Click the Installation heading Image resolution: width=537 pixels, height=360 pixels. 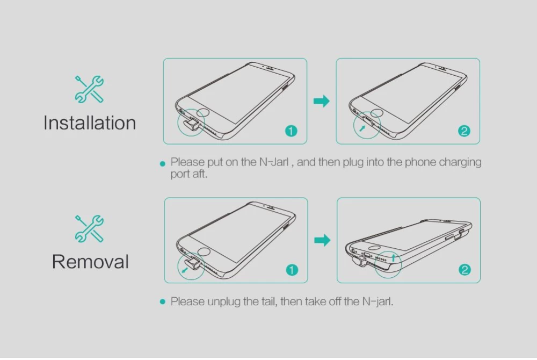point(90,123)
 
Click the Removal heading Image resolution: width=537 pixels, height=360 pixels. point(90,262)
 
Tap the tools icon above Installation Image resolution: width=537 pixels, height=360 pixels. point(89,89)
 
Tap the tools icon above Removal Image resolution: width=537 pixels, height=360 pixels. point(89,228)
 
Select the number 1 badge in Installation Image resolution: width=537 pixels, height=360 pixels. point(291,131)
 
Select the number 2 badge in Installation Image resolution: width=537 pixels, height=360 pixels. point(464,131)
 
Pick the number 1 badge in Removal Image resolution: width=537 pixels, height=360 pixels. point(292,270)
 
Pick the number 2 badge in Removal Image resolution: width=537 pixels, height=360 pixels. point(465,270)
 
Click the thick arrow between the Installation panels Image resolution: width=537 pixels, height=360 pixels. point(322,101)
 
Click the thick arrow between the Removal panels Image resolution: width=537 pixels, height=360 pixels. point(322,240)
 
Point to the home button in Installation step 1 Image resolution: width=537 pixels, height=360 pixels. point(204,112)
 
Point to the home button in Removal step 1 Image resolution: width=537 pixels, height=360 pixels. point(204,252)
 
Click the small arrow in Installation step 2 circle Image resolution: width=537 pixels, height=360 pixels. point(362,128)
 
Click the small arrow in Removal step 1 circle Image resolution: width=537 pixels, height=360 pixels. point(185,270)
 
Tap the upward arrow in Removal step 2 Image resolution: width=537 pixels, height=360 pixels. point(394,257)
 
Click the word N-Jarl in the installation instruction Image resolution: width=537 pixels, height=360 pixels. point(274,162)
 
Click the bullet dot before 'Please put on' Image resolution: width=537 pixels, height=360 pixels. point(163,164)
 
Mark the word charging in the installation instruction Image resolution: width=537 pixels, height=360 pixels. point(460,162)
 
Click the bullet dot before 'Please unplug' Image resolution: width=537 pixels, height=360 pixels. point(163,302)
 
